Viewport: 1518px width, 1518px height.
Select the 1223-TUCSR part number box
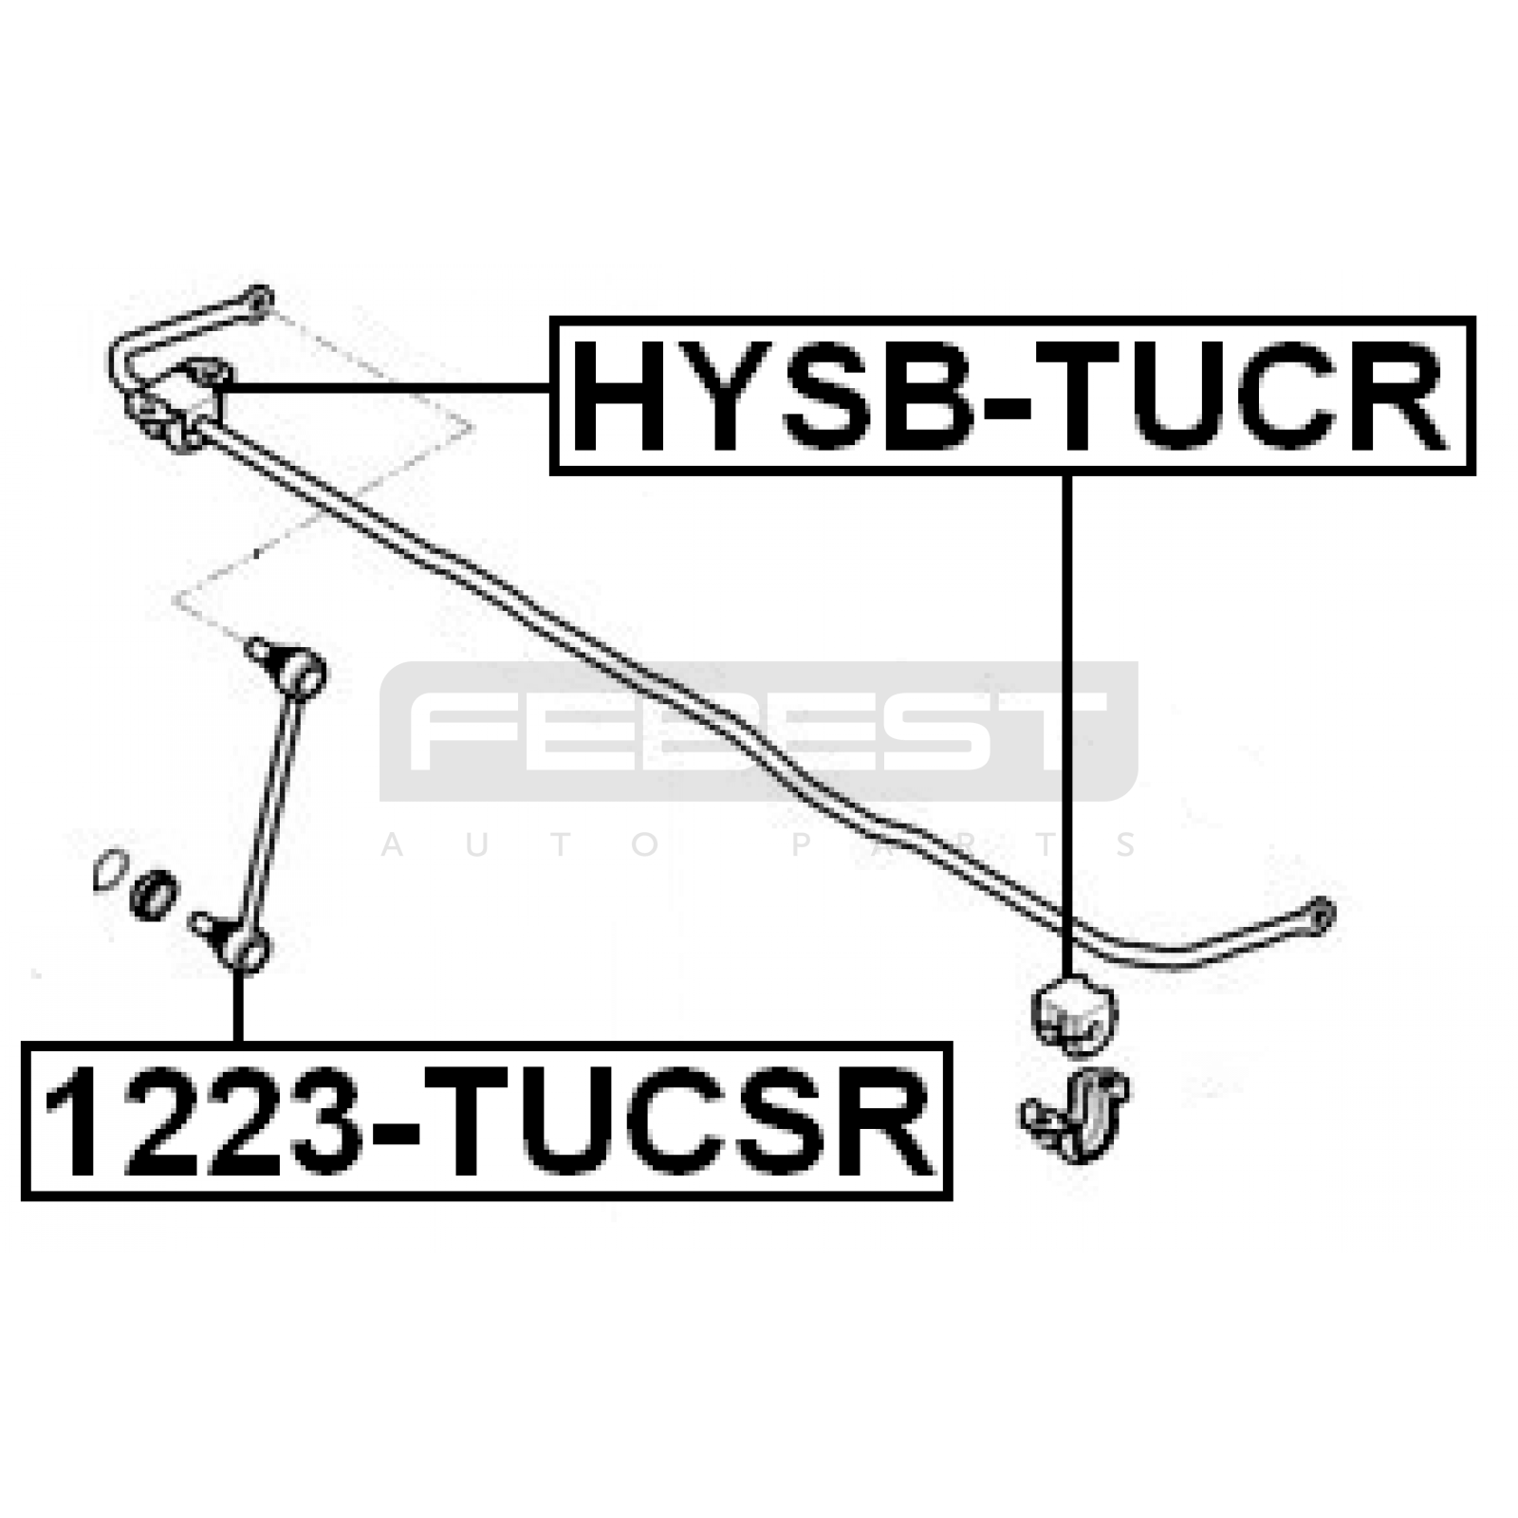pyautogui.click(x=487, y=1120)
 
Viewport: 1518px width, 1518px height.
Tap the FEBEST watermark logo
pyautogui.click(x=758, y=731)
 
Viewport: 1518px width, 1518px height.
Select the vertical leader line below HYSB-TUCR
pyautogui.click(x=1067, y=726)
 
